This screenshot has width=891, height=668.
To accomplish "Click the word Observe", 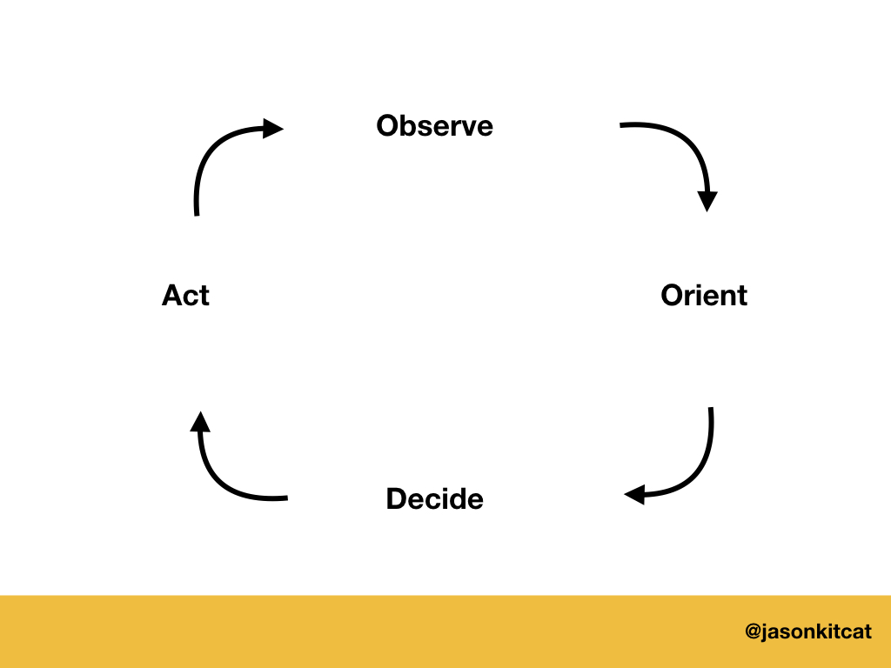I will click(434, 126).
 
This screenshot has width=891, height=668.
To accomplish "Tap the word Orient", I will click(704, 296).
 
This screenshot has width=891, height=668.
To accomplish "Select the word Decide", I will click(434, 499).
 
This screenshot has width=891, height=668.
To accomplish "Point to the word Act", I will click(185, 296).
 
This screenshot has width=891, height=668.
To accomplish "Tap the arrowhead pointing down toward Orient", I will click(707, 201).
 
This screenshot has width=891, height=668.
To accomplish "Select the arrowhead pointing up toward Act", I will click(200, 423).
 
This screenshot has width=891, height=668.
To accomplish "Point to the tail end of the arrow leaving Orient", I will click(711, 410).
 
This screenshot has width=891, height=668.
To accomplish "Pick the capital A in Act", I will click(172, 296).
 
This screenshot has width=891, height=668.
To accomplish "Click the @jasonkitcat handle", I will click(808, 631).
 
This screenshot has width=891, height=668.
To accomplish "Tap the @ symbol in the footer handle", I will click(754, 631).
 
